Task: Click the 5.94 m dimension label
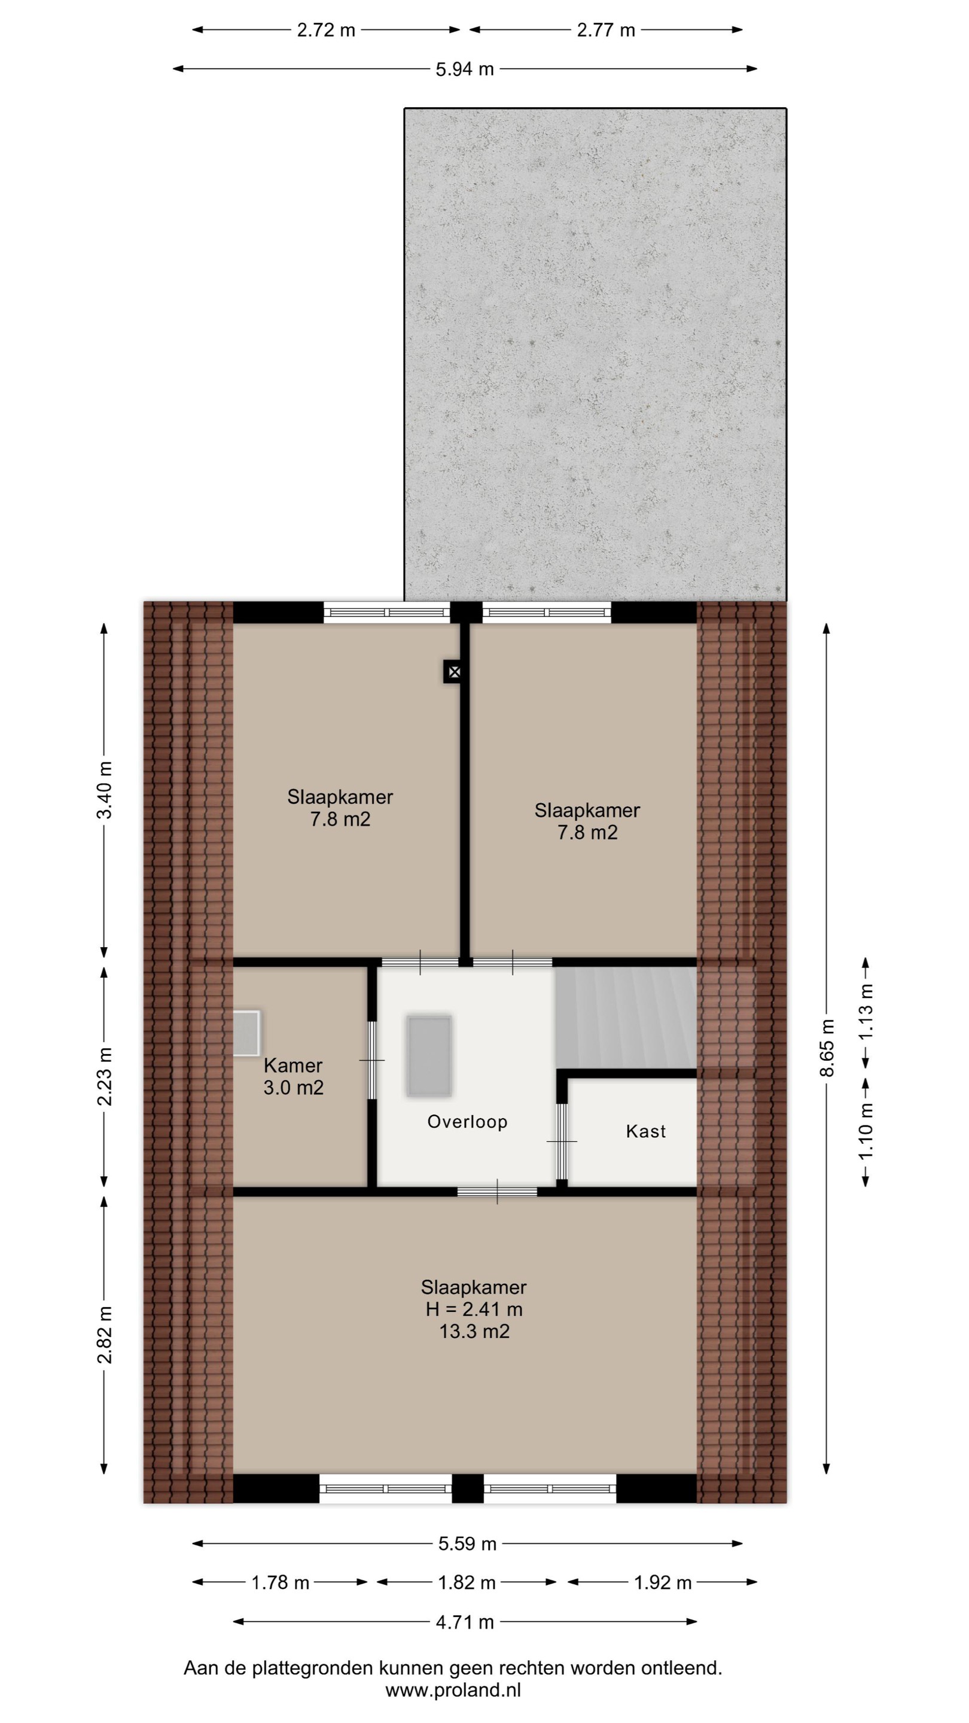465,69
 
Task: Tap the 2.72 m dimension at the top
327,30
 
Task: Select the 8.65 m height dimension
828,1048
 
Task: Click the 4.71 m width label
465,1622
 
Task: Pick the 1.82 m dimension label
467,1582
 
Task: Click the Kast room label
646,1131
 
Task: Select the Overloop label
467,1122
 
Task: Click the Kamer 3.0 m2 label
294,1076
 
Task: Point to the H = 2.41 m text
474,1309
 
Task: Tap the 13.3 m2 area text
474,1331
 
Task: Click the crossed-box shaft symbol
453,671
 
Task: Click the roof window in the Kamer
245,1033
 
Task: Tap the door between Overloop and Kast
562,1141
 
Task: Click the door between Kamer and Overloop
372,1060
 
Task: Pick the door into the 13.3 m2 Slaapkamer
498,1191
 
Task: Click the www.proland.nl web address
453,1690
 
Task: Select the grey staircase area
625,1016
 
